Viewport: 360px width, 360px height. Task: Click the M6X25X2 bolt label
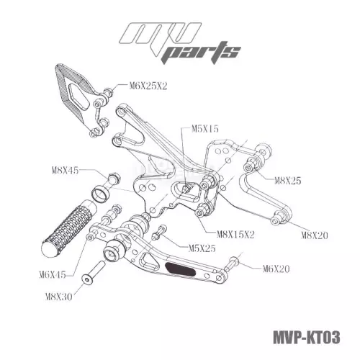click(148, 86)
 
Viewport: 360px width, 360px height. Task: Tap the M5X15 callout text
click(205, 129)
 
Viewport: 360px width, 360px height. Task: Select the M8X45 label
click(65, 171)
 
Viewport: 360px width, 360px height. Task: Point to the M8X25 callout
click(287, 181)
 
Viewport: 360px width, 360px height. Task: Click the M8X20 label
click(315, 235)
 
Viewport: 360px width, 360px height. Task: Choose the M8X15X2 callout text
click(235, 234)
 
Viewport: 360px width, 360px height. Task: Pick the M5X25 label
click(202, 248)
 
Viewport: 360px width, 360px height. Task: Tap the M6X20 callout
click(276, 269)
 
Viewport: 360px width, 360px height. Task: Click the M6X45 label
click(53, 274)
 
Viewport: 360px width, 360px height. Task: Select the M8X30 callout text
click(59, 297)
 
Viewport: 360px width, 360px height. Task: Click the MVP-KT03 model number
click(307, 337)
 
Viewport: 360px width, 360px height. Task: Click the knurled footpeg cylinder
click(70, 228)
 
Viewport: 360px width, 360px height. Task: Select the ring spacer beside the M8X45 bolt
click(101, 194)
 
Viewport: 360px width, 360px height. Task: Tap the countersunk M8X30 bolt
click(93, 272)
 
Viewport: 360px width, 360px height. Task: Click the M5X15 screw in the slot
click(186, 187)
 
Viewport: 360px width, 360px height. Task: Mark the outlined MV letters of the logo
click(161, 36)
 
